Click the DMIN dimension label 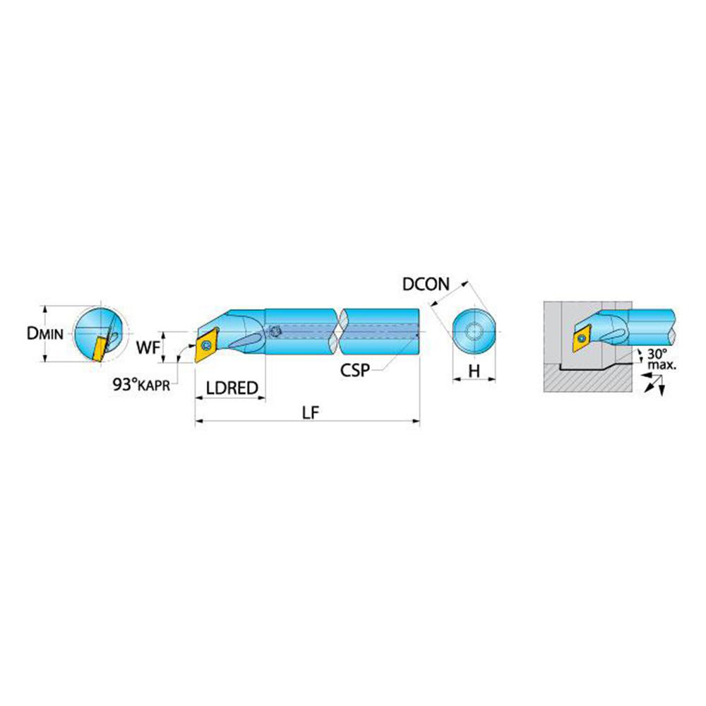(45, 334)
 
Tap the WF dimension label (148, 347)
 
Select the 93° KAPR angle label (141, 385)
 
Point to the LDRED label (232, 388)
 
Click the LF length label (310, 412)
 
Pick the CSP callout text (355, 370)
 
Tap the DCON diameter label (426, 284)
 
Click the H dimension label (474, 371)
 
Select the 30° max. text (661, 359)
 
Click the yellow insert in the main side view (206, 346)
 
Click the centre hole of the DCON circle (474, 332)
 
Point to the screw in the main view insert (207, 345)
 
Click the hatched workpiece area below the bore (588, 378)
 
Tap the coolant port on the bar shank (273, 332)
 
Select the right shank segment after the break (379, 332)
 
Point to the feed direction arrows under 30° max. (654, 383)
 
